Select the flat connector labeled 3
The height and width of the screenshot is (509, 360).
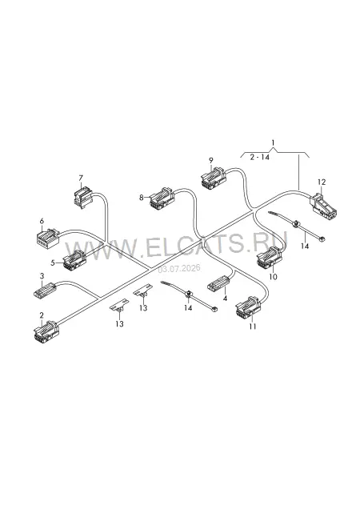(x=45, y=290)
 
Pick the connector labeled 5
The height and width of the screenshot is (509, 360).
(x=74, y=260)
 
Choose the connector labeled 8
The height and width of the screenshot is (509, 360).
(x=162, y=197)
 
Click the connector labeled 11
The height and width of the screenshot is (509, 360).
(x=248, y=306)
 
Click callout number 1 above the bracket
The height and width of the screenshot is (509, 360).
(x=274, y=142)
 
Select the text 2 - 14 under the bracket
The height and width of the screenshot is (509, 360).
(x=260, y=157)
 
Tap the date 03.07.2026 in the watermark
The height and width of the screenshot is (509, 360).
(x=179, y=269)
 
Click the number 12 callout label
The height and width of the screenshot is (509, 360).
(x=322, y=182)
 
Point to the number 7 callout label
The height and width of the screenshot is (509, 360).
(x=81, y=178)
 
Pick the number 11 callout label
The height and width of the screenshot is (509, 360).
(x=253, y=327)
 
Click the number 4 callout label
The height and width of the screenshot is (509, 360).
(x=225, y=299)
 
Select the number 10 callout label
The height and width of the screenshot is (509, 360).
(x=273, y=277)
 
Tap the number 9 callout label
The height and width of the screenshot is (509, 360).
(x=211, y=160)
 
